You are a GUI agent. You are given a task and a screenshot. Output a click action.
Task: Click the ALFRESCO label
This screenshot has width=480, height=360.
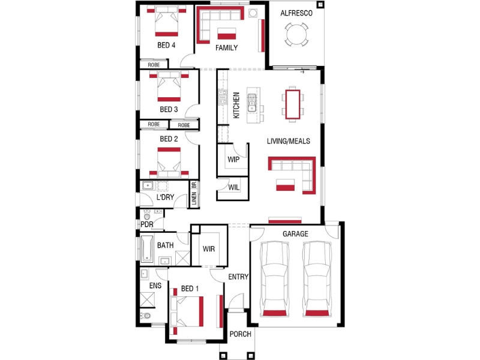click(296, 13)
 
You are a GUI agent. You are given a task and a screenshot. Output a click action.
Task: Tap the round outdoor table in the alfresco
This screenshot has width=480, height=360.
click(296, 34)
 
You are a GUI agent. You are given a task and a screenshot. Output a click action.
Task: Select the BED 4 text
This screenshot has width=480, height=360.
click(166, 46)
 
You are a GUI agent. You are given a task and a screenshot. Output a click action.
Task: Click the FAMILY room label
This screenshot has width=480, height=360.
click(227, 48)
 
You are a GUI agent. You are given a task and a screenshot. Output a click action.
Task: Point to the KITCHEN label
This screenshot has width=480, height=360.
click(236, 106)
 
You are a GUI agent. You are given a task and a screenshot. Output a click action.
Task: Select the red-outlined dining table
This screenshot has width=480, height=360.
click(293, 104)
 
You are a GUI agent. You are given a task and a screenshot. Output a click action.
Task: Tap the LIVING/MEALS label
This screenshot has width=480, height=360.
click(289, 141)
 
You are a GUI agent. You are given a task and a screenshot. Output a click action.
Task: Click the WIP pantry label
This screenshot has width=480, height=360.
click(233, 160)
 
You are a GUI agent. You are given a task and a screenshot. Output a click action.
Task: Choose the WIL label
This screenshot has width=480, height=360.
click(234, 187)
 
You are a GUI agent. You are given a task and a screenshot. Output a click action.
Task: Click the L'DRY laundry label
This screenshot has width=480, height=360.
click(166, 197)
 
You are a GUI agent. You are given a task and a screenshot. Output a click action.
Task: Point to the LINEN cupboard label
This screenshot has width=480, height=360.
click(194, 199)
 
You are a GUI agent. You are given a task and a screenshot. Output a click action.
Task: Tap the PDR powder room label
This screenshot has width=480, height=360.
click(147, 224)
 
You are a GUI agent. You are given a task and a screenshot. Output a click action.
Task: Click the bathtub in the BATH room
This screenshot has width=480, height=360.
click(146, 249)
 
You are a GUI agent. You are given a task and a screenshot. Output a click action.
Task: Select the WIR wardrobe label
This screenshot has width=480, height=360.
click(209, 249)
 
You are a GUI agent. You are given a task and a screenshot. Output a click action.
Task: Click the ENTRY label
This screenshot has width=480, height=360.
click(238, 277)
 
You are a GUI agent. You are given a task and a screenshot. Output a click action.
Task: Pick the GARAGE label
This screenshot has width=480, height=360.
click(295, 234)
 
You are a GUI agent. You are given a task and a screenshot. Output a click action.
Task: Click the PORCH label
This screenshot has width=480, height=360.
click(241, 334)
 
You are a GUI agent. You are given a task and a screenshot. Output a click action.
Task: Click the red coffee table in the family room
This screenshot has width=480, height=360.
click(227, 34)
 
